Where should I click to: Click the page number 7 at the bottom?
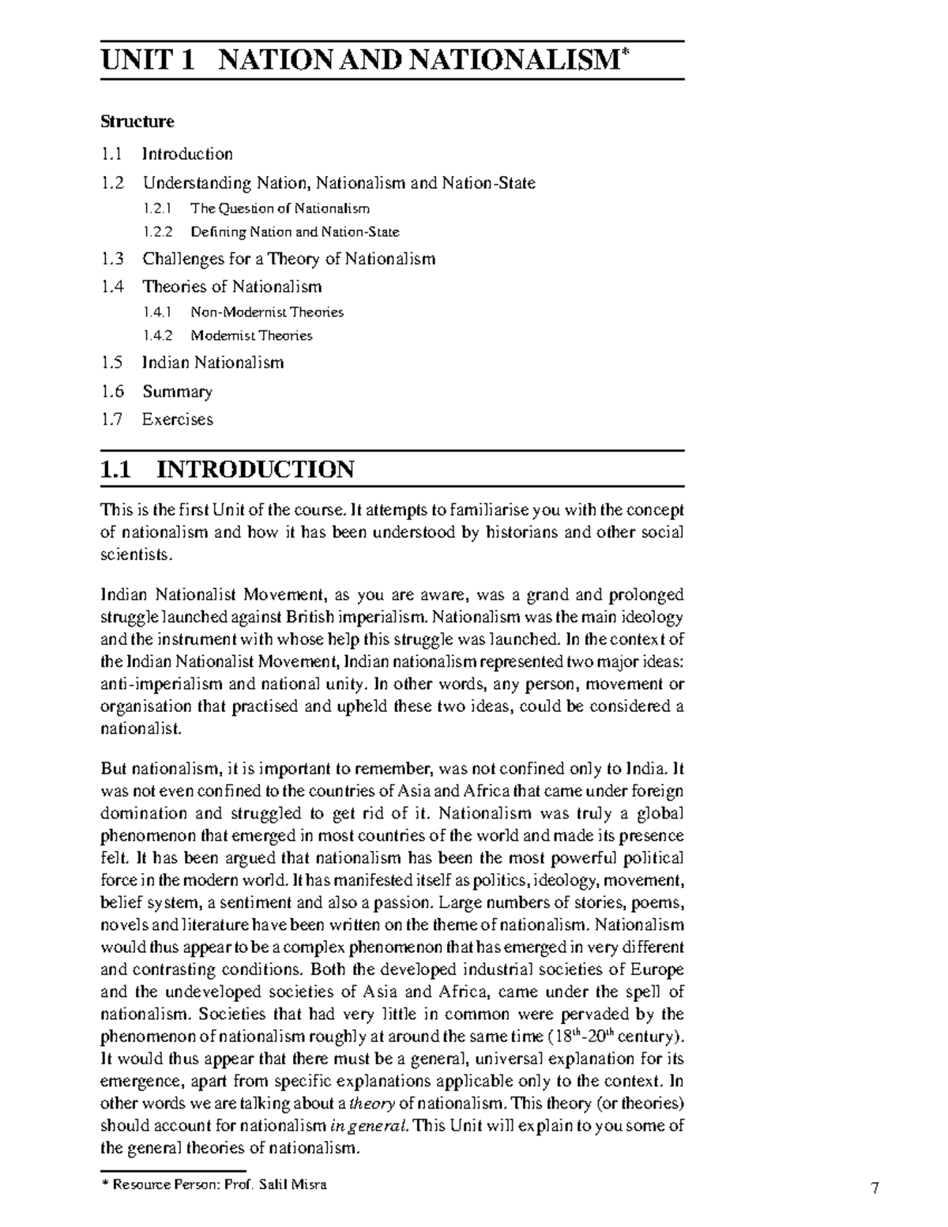coord(875,1187)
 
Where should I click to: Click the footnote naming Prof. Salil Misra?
coord(214,1184)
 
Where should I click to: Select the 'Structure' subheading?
coord(137,122)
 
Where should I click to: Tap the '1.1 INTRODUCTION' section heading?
coord(228,469)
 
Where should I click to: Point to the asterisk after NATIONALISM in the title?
coord(625,53)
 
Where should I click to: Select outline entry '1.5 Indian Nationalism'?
coord(193,363)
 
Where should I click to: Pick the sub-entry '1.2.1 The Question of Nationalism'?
coord(257,209)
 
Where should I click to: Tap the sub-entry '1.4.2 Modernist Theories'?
coord(228,336)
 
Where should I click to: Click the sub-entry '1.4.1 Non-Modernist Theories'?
coord(243,312)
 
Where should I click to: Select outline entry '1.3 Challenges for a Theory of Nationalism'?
coord(269,259)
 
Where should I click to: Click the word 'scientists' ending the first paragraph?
coord(134,555)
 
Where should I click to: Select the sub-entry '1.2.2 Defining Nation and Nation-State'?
coord(271,232)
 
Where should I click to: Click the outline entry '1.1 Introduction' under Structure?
coord(167,154)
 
